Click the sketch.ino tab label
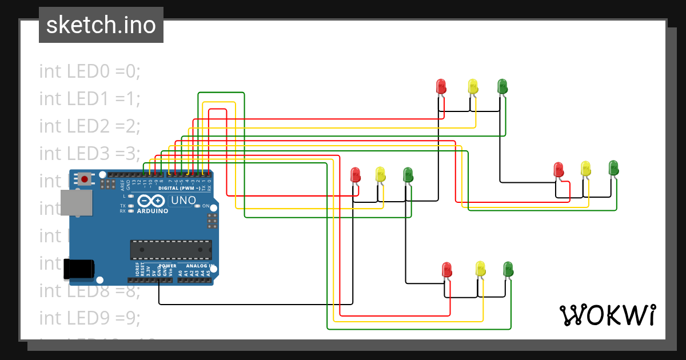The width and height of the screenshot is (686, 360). [x=101, y=25]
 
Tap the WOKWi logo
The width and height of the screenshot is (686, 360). [x=607, y=315]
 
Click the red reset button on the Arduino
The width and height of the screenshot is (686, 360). [x=85, y=179]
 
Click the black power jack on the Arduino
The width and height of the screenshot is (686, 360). [x=79, y=269]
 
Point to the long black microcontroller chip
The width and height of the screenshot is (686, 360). [x=171, y=250]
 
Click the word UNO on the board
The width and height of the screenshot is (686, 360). [x=184, y=201]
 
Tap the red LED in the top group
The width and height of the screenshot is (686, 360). [x=441, y=86]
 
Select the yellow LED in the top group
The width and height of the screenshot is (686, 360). [x=473, y=86]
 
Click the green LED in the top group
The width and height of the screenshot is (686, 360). [x=502, y=86]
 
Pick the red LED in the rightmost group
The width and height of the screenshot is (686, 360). [x=559, y=169]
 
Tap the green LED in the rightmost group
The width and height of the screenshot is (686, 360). [x=613, y=168]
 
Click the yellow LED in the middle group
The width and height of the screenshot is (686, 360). [x=381, y=174]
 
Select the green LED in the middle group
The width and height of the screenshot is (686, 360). [x=408, y=174]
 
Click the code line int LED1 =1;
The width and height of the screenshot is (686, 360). [x=90, y=99]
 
